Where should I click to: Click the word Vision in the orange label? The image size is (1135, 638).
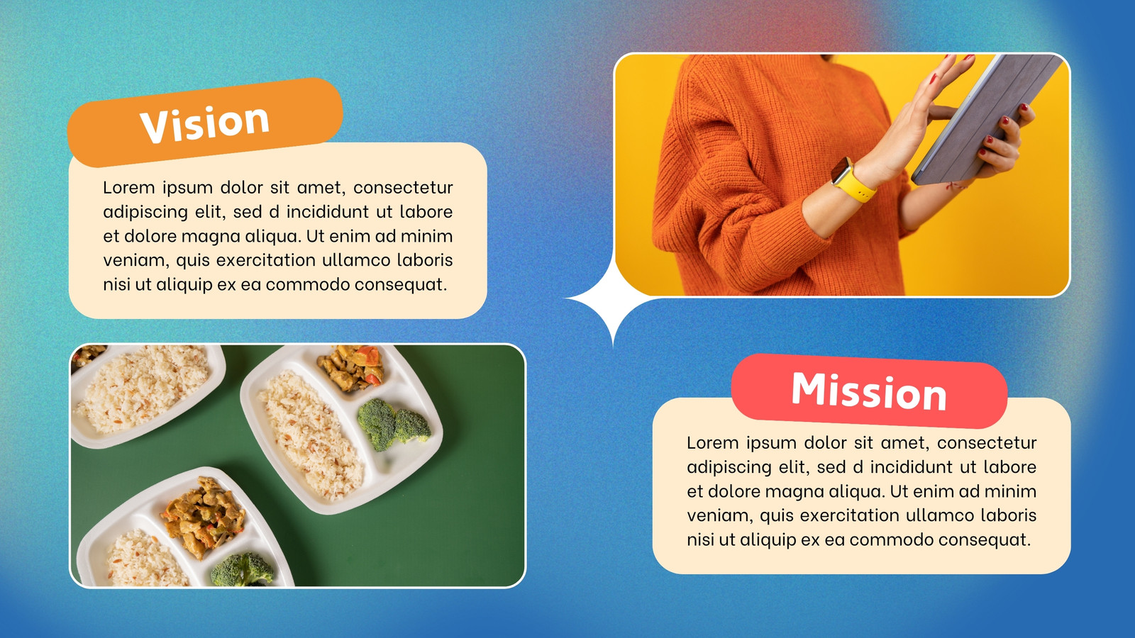click(x=204, y=123)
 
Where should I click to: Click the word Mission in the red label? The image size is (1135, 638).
click(x=869, y=391)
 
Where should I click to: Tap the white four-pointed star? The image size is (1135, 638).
click(x=614, y=298)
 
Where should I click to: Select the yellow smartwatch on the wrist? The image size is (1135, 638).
click(x=852, y=181)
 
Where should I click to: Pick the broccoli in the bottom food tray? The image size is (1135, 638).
click(x=242, y=570)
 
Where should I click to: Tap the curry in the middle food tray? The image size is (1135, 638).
click(x=350, y=368)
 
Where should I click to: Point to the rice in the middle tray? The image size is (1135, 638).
click(x=311, y=435)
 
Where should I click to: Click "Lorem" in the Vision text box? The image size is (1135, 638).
click(x=128, y=188)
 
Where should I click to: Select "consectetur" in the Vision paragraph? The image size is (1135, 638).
click(x=403, y=188)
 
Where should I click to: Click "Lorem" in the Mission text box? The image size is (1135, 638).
click(x=712, y=443)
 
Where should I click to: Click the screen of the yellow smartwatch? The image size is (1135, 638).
click(x=841, y=170)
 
